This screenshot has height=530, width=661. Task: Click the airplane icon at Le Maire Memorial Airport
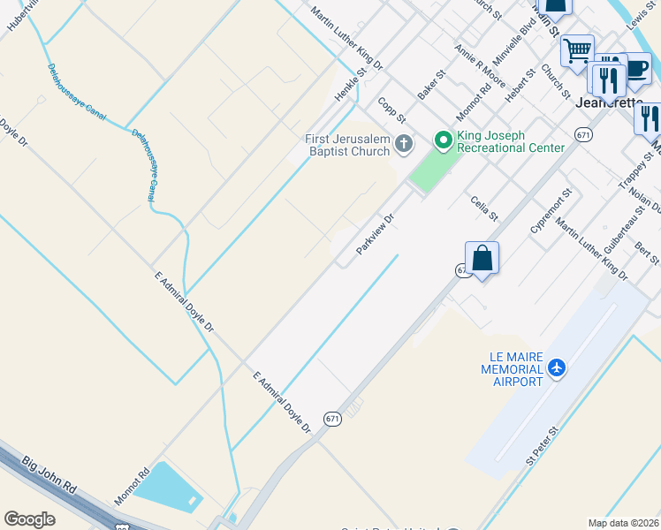(x=557, y=367)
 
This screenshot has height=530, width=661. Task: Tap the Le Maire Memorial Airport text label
(x=512, y=368)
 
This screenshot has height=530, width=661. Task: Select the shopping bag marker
(x=482, y=259)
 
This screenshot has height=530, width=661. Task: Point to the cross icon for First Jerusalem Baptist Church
(x=404, y=143)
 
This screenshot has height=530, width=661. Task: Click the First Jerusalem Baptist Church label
(x=347, y=145)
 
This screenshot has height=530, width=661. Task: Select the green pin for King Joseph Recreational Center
(x=443, y=140)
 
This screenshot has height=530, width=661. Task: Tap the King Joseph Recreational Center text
(x=510, y=141)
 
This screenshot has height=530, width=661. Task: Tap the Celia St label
(x=485, y=208)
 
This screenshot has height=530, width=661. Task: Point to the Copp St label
(x=391, y=110)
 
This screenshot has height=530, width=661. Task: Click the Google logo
(x=30, y=519)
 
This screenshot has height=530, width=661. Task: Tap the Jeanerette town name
(x=609, y=102)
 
